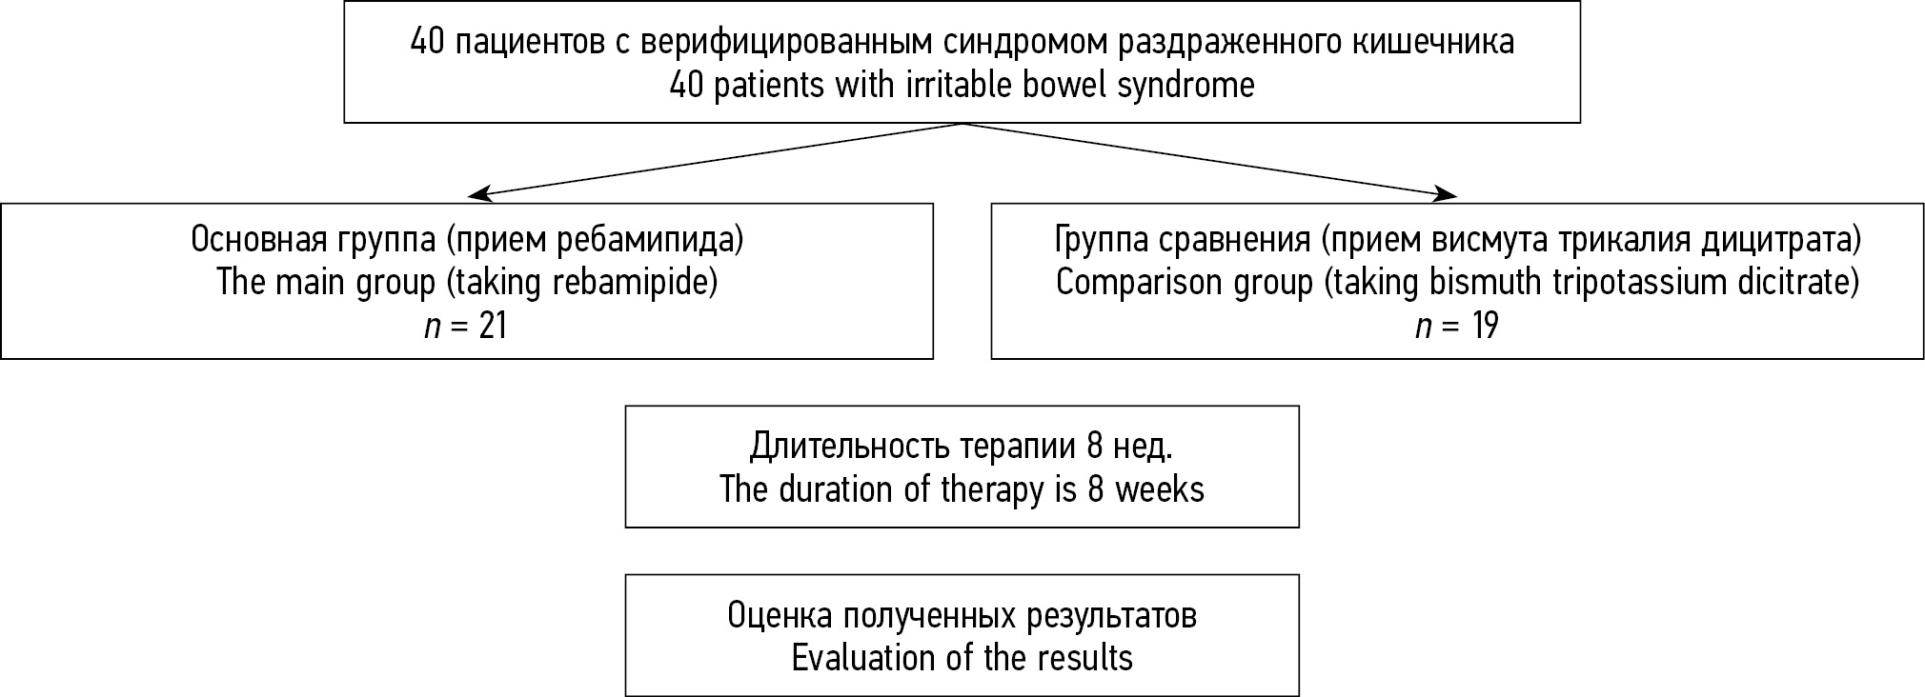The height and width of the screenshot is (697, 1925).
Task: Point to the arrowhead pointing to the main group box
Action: pyautogui.click(x=481, y=194)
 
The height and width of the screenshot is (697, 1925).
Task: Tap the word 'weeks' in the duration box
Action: pyautogui.click(x=1160, y=489)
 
